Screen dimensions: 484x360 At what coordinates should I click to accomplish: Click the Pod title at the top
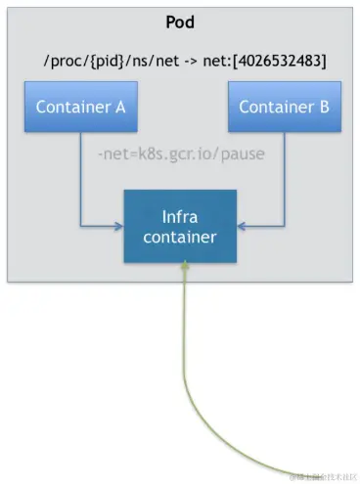pyautogui.click(x=179, y=21)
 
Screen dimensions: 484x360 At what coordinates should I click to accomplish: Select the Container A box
pyautogui.click(x=80, y=107)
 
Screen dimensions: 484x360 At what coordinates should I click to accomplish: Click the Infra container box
pyautogui.click(x=179, y=225)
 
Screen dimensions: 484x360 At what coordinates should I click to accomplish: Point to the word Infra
pyautogui.click(x=179, y=214)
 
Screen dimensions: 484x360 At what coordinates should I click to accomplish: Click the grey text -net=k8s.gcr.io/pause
pyautogui.click(x=180, y=155)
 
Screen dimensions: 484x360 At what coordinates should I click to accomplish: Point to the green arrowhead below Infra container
pyautogui.click(x=183, y=272)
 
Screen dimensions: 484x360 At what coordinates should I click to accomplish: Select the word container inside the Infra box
pyautogui.click(x=179, y=236)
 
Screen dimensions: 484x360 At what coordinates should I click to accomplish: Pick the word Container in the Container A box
pyautogui.click(x=72, y=107)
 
